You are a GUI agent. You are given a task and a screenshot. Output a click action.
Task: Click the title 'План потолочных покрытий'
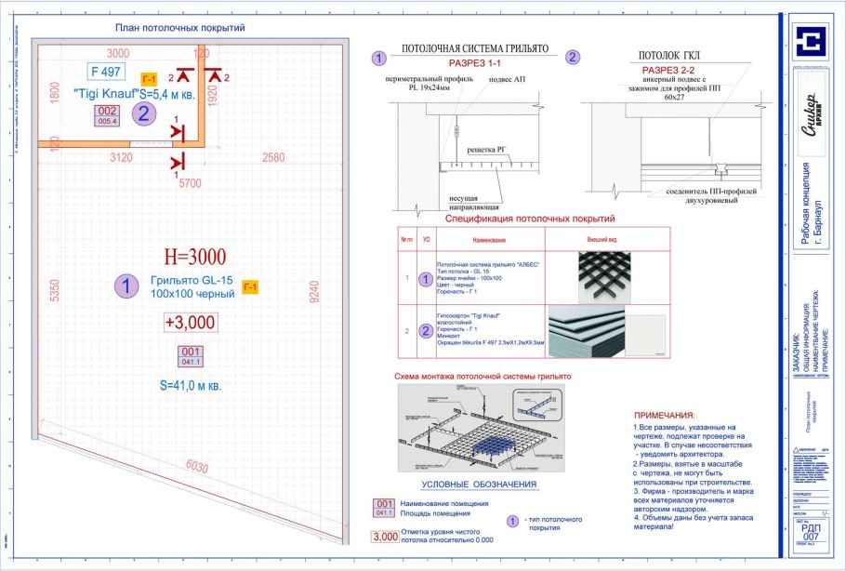pos(178,28)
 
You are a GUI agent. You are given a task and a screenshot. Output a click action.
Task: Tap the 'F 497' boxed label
pos(105,72)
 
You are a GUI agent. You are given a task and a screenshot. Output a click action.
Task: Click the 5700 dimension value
pos(190,183)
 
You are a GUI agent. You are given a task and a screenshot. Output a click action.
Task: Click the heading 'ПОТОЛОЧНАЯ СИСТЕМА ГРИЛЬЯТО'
pos(475,48)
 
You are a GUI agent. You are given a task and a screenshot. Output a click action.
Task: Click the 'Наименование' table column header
pos(487,240)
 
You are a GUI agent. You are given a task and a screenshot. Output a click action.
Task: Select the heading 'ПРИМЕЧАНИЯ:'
pos(664,415)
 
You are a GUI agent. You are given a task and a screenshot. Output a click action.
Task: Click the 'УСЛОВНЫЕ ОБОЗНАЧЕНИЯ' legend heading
pos(479,485)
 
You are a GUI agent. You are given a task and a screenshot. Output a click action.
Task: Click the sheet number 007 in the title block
pos(811,537)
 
